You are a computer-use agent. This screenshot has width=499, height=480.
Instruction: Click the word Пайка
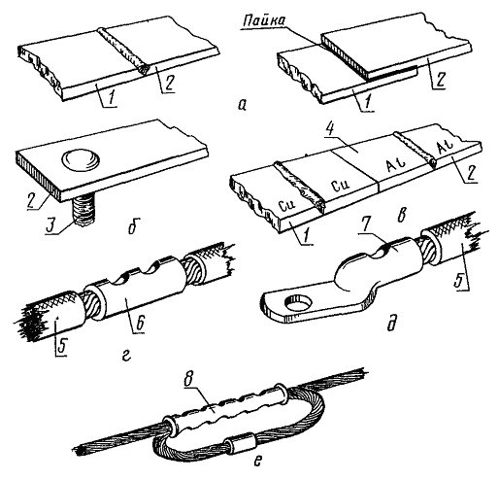pyautogui.click(x=264, y=21)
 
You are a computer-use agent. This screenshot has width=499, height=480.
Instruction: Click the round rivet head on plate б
pyautogui.click(x=81, y=159)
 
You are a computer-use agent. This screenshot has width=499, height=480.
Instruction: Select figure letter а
pyautogui.click(x=242, y=104)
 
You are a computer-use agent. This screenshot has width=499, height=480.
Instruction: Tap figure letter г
pyautogui.click(x=127, y=356)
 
